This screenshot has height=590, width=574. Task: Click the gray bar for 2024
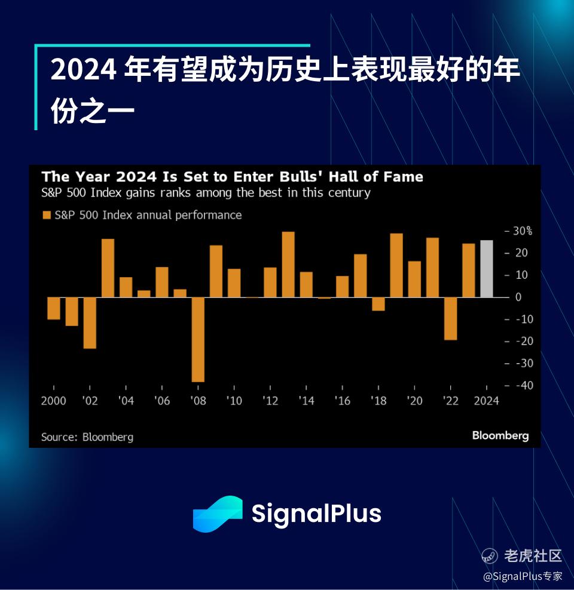coord(486,269)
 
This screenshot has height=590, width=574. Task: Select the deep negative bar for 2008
coord(198,339)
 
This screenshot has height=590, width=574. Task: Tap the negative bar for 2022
coord(450,319)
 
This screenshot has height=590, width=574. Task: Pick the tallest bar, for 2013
coord(288,265)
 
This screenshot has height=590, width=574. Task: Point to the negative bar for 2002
coord(90,323)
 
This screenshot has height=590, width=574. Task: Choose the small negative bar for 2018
coord(378,304)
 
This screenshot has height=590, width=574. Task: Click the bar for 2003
coord(108,268)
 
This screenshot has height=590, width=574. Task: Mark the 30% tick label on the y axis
coord(523,231)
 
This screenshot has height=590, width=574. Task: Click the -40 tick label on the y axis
coord(524,385)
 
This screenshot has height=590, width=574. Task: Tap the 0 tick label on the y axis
coord(518,297)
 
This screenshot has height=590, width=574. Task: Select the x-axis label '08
coord(198,401)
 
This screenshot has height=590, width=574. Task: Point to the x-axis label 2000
coord(53,401)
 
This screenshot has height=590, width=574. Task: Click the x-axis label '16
coord(343,401)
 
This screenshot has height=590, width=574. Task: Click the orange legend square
coord(47,215)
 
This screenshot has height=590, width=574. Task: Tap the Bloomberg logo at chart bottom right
coord(500,435)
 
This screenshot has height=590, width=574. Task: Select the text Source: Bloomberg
coord(87,437)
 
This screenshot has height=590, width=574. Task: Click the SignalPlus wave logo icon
coord(218,514)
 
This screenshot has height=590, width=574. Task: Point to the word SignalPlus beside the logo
coord(316,514)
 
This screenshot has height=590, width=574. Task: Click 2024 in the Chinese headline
coord(83,70)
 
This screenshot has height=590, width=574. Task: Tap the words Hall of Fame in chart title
coord(376,177)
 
